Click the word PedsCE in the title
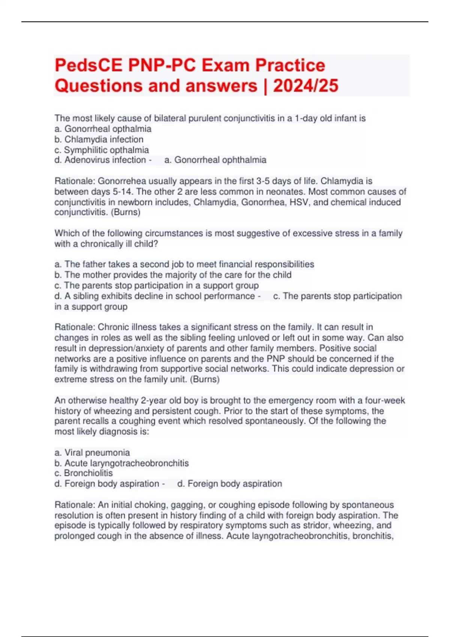coord(89,65)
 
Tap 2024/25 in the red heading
coord(306,86)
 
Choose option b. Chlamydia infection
coord(99,139)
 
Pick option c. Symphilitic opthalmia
coord(102,150)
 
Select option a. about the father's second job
coord(184,264)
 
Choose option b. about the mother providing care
coord(173,275)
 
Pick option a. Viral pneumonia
coord(92,452)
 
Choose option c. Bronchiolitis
coord(84,473)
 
